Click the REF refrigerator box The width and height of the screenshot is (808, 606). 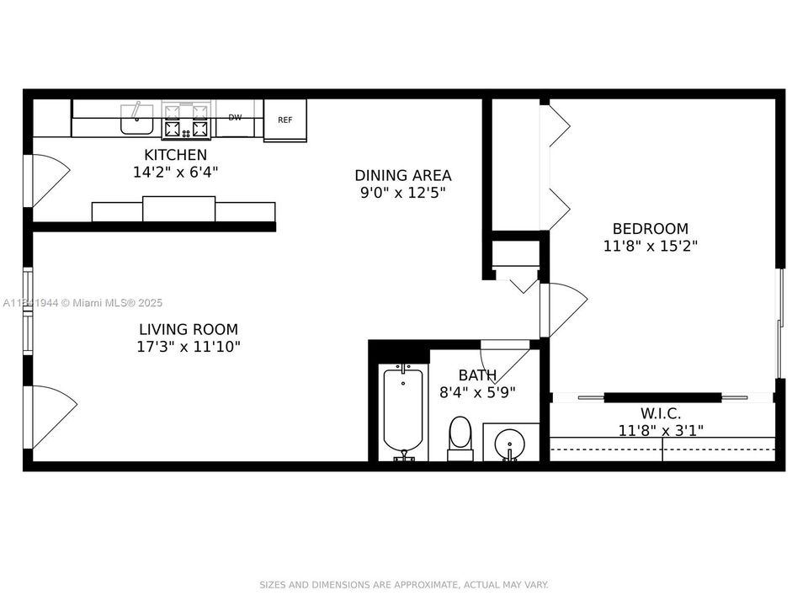pyautogui.click(x=285, y=120)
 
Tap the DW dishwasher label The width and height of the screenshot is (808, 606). pyautogui.click(x=235, y=118)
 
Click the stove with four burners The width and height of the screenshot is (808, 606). pyautogui.click(x=186, y=120)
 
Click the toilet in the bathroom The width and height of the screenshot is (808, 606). pyautogui.click(x=460, y=438)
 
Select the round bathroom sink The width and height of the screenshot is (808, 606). pyautogui.click(x=510, y=442)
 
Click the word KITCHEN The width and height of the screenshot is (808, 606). pyautogui.click(x=175, y=155)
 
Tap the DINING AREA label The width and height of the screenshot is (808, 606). pyautogui.click(x=402, y=175)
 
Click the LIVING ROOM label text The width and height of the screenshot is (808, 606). pyautogui.click(x=188, y=329)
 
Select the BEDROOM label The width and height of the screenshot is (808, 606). pyautogui.click(x=650, y=228)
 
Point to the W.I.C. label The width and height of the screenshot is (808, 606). pyautogui.click(x=661, y=413)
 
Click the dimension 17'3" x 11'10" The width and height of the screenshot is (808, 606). pyautogui.click(x=188, y=346)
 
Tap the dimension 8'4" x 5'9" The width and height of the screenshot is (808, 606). pyautogui.click(x=477, y=391)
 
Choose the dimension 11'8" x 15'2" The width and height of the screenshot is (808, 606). pyautogui.click(x=650, y=246)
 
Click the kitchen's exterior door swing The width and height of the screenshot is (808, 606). pyautogui.click(x=49, y=179)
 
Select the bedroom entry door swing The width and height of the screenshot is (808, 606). pyautogui.click(x=564, y=308)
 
